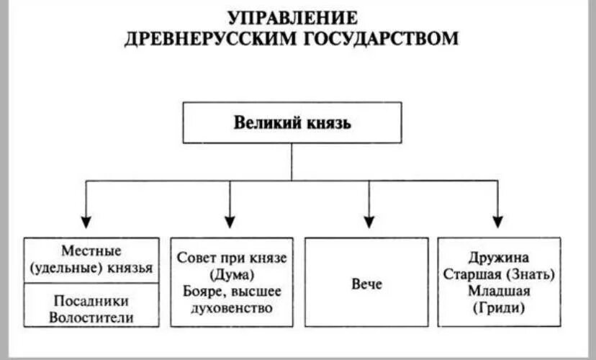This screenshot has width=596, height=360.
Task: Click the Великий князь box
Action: pos(292,122)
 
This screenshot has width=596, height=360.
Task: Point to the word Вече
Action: pos(367,284)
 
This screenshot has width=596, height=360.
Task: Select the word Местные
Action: pos(91,252)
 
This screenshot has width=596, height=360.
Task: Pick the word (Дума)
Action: pos(231,274)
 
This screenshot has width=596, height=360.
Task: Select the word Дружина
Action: pos(498,258)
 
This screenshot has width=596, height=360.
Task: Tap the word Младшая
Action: pos(498,292)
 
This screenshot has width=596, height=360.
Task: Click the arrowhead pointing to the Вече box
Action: pos(369,221)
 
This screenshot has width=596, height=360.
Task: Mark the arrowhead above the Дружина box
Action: pos(497,221)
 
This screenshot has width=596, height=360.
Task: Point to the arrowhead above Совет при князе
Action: pos(230,221)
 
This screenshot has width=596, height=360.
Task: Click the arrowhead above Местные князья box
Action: pos(86,221)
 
